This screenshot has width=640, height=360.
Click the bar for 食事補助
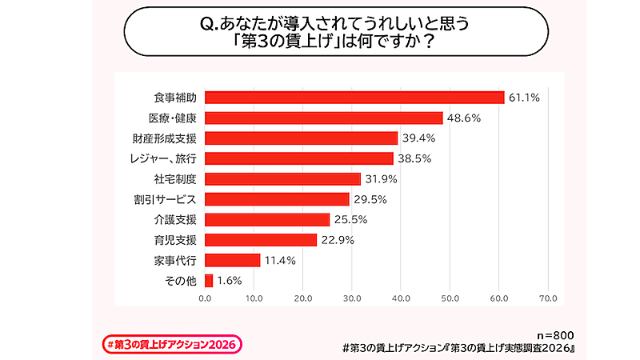point(354,98)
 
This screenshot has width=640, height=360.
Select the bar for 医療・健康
point(324,118)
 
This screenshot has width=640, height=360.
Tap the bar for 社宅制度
point(283,178)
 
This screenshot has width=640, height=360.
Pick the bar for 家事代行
point(233,260)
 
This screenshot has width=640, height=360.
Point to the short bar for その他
point(209,281)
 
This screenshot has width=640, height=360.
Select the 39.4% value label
point(418,138)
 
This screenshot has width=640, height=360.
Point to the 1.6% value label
point(230,281)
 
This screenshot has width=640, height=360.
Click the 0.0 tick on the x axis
point(205,298)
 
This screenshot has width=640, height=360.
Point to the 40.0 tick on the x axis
point(401,298)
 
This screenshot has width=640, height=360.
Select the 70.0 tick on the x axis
point(548,298)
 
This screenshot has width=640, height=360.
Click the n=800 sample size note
point(555,334)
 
